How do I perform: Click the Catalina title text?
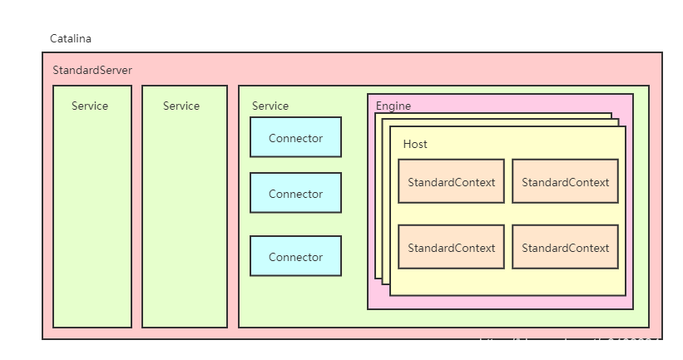(x=70, y=39)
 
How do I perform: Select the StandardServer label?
(x=92, y=71)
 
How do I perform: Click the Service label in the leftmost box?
(x=90, y=106)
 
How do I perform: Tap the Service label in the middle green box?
(x=181, y=106)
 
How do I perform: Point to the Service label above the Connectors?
(x=270, y=106)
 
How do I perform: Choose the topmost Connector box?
(x=295, y=137)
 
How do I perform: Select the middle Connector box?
(x=295, y=193)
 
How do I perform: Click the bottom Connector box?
(x=295, y=256)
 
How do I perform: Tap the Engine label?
(x=393, y=106)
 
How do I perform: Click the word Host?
(x=415, y=144)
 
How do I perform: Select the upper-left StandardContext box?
(x=451, y=181)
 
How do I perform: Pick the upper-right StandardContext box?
(x=565, y=181)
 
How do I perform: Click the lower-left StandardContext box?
(x=451, y=247)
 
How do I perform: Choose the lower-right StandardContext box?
(x=565, y=247)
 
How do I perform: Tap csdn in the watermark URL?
(x=556, y=343)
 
